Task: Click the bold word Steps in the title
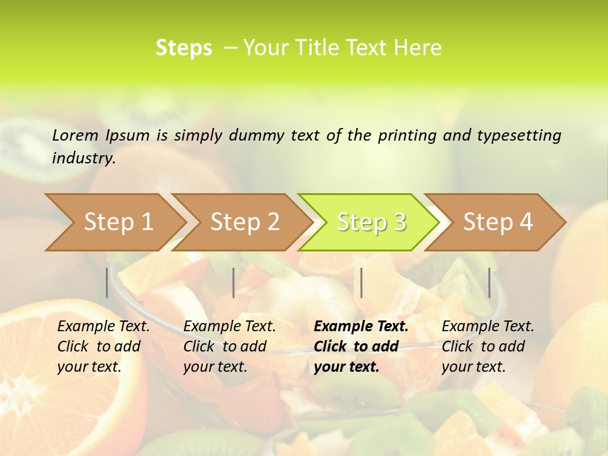184,48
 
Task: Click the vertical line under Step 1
107,282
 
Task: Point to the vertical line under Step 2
234,282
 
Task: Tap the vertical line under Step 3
361,282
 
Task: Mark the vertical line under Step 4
489,282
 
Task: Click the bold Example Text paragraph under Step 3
361,346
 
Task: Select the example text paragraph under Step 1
103,346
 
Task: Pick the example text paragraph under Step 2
229,346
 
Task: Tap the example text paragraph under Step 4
488,346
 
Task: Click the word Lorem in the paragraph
75,136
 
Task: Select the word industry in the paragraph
83,158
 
